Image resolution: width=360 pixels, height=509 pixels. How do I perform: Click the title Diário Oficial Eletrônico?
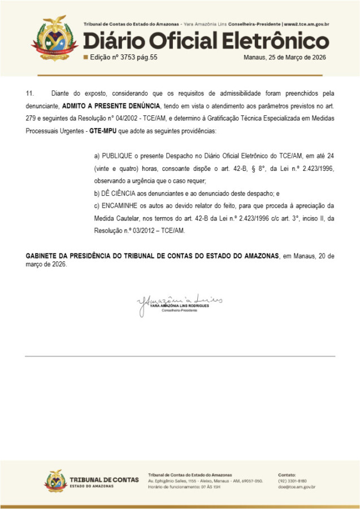click(x=206, y=41)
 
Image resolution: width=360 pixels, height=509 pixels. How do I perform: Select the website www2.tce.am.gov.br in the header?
click(x=306, y=25)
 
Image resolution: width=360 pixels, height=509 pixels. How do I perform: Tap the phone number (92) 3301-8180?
click(x=292, y=480)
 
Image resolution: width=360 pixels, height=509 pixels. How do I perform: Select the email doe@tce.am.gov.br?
click(x=297, y=486)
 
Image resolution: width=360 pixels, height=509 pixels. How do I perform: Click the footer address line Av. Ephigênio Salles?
click(x=205, y=480)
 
